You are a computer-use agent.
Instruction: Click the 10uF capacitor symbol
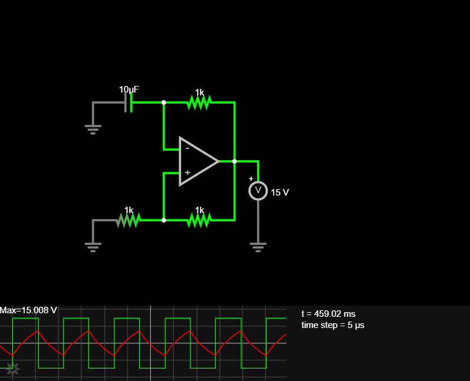click(x=128, y=103)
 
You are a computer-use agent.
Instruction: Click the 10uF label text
click(x=129, y=90)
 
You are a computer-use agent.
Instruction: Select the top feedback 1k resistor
click(x=199, y=103)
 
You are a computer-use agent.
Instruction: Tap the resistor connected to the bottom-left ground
click(x=129, y=220)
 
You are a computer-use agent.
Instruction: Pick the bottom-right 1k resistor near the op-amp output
click(x=199, y=220)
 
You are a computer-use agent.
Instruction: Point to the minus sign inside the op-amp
click(x=188, y=148)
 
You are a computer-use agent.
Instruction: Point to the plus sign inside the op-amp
click(x=188, y=173)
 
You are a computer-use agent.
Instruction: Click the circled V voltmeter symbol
click(x=258, y=190)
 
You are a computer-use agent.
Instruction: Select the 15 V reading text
click(x=280, y=192)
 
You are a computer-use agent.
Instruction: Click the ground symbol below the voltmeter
click(x=258, y=246)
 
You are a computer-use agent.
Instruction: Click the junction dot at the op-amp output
click(x=235, y=161)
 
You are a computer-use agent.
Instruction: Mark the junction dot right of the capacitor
click(x=164, y=102)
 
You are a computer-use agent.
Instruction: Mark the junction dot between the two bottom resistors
click(x=164, y=220)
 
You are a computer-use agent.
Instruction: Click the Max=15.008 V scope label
click(x=28, y=310)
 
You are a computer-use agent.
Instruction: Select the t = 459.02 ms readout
click(x=328, y=314)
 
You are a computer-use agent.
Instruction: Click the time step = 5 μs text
click(x=333, y=325)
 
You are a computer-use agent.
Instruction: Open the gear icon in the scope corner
click(x=12, y=369)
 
